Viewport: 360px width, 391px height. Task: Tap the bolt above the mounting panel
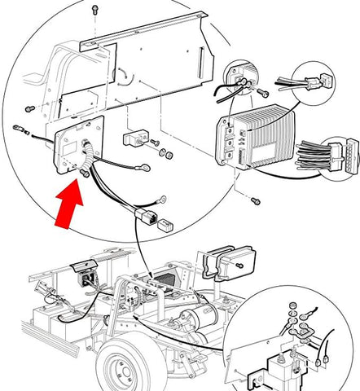coord(95,9)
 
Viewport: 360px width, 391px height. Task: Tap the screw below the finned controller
coord(254,200)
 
